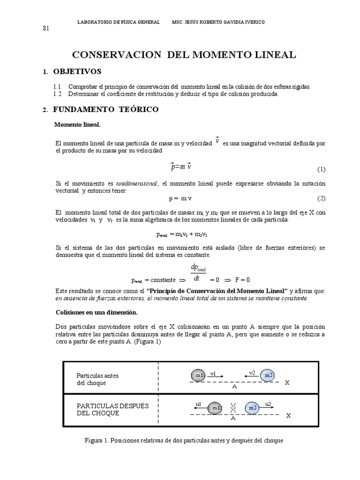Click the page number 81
tap(46, 28)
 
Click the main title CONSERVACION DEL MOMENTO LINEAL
tap(183, 55)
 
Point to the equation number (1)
tap(321, 169)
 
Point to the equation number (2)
tap(321, 198)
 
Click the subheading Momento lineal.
tap(77, 125)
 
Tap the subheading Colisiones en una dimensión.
tap(97, 312)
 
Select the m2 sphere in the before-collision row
tap(268, 375)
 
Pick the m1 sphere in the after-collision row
tap(215, 408)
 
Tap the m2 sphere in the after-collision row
tap(253, 408)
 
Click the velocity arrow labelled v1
tap(215, 376)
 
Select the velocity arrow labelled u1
tap(198, 408)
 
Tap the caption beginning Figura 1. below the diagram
tap(184, 441)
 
